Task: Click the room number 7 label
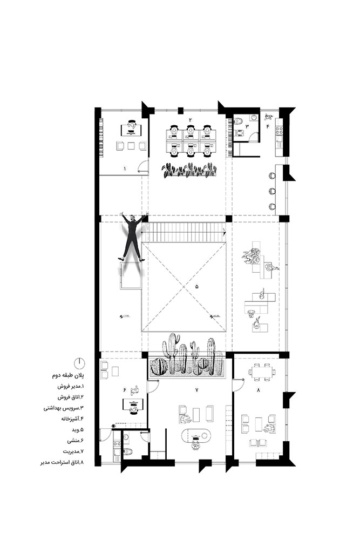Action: pos(196,389)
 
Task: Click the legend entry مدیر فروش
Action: pos(69,388)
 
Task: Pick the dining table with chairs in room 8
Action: pos(262,372)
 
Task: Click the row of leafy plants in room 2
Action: pos(189,171)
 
